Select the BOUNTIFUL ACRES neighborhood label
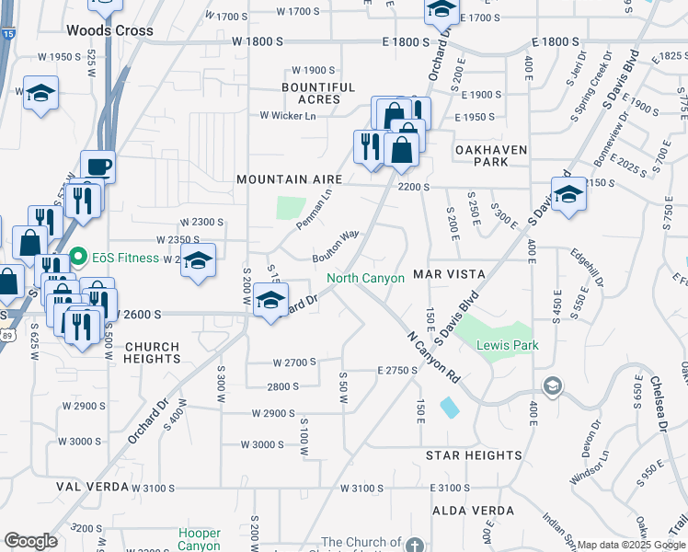[x=318, y=94]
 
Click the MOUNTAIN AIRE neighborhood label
[x=289, y=179]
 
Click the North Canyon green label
[x=365, y=278]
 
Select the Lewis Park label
[x=507, y=345]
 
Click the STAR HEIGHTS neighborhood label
[x=474, y=455]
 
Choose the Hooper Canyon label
[x=200, y=539]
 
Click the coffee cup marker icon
[x=97, y=167]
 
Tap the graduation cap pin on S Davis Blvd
[x=568, y=194]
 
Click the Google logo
[x=30, y=541]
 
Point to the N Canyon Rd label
[x=434, y=358]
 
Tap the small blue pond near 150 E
[x=449, y=407]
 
